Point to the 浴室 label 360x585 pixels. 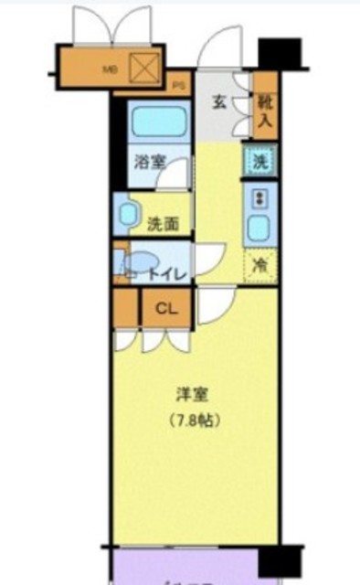(149, 163)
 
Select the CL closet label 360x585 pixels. (165, 307)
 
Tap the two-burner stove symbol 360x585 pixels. (259, 197)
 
